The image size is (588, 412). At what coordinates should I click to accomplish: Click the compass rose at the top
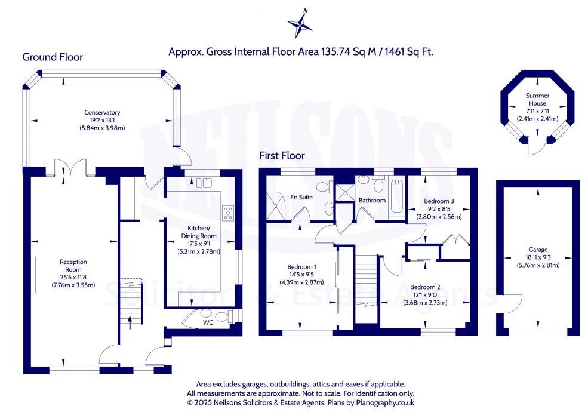click(300, 24)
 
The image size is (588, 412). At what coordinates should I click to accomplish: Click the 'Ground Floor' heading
click(53, 57)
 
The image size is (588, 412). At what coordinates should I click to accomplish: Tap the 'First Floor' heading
click(282, 156)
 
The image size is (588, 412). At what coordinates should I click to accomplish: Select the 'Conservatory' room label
click(102, 112)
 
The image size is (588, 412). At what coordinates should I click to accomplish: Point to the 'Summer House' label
click(537, 100)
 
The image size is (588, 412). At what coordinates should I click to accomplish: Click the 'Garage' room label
click(537, 250)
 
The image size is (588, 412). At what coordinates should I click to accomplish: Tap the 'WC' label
click(208, 322)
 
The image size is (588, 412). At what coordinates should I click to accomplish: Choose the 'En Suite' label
click(301, 197)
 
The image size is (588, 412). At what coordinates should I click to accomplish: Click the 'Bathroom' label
click(372, 201)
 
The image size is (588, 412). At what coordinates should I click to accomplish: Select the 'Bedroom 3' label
click(439, 201)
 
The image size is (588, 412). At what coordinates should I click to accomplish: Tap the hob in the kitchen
click(227, 213)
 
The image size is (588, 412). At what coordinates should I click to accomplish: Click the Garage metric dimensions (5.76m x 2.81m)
click(537, 265)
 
